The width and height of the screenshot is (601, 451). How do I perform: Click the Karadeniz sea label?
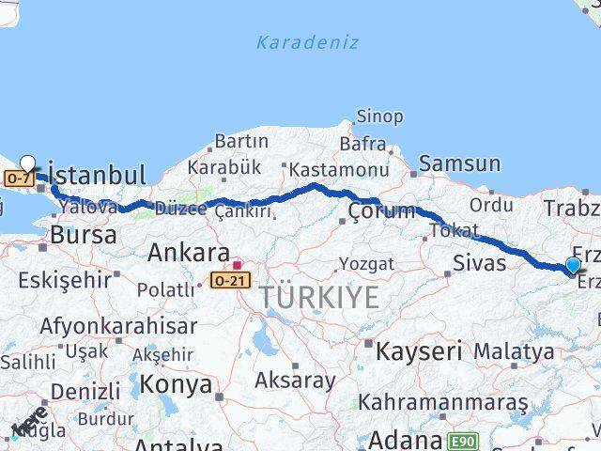[x=294, y=42]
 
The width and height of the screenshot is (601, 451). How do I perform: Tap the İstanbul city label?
[x=96, y=175]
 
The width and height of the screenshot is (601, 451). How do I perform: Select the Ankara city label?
[x=189, y=253]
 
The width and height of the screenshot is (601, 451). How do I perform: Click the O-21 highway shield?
[x=230, y=280]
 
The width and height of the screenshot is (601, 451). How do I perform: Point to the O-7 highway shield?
[x=18, y=178]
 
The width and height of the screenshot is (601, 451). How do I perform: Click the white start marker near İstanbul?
[x=28, y=163]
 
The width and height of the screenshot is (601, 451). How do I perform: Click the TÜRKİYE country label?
[x=320, y=298]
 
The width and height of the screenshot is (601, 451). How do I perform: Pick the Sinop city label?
[x=379, y=117]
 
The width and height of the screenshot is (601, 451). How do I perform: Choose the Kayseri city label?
[x=418, y=352]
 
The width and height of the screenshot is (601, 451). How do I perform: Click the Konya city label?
[x=176, y=383]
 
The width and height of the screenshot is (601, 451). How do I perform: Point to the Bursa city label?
[x=84, y=235]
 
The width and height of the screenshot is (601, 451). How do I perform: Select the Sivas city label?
[x=480, y=261]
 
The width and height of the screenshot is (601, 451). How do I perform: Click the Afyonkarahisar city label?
[x=119, y=326]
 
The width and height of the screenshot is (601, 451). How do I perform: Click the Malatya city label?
[x=514, y=351]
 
